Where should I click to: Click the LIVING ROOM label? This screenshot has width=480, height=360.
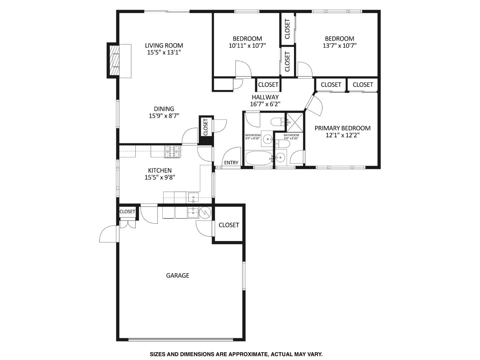(164, 45)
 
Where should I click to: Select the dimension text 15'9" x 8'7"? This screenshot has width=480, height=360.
(164, 116)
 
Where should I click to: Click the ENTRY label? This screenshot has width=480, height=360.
(231, 163)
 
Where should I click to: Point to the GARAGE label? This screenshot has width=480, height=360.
(178, 275)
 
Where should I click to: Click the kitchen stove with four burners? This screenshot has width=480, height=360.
(172, 152)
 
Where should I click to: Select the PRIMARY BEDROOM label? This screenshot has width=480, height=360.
(342, 128)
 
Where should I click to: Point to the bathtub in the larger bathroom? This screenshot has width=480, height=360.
(259, 158)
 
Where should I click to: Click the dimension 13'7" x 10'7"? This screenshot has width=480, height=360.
(339, 46)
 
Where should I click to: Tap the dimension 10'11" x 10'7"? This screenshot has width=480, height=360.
(247, 46)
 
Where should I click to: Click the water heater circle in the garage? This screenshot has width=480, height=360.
(205, 212)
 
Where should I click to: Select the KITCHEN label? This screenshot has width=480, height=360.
(160, 170)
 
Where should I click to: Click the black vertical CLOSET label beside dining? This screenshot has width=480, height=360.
(205, 127)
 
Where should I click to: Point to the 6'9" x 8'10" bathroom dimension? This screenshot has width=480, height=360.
(252, 138)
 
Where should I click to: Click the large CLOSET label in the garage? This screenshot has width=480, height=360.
(229, 225)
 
